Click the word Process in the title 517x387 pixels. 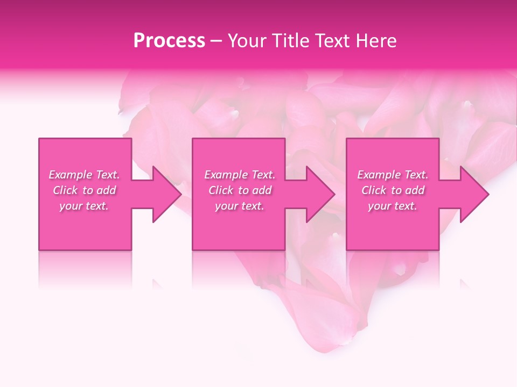coord(169,41)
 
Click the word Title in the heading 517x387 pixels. coord(287,41)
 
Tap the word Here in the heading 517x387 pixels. coord(375,41)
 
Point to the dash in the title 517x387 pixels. coord(216,41)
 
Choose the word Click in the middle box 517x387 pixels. coord(221,190)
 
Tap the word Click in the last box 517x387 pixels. coord(374,190)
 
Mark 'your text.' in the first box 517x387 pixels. coord(84,206)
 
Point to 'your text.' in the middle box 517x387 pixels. coord(240,206)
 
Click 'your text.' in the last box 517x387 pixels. coord(393,206)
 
